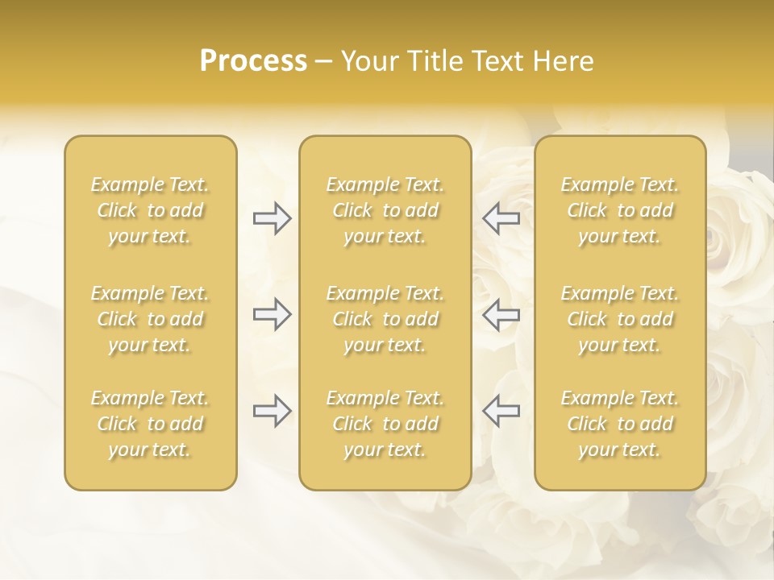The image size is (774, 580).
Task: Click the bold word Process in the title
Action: point(253,61)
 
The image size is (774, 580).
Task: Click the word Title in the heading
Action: point(435,61)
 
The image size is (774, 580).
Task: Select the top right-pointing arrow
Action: point(272,218)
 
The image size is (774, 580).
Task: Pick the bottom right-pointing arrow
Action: point(272,411)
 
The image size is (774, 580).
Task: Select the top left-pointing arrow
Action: point(501,218)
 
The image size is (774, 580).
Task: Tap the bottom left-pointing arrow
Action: point(501,411)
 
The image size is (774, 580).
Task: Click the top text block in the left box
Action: point(150,210)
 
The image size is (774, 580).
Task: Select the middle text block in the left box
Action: point(150,319)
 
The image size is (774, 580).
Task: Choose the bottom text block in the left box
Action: point(150,424)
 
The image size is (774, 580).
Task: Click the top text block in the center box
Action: point(385,210)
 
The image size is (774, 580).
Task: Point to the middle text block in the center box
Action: point(385,319)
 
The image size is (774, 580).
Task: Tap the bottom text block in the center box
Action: point(385,424)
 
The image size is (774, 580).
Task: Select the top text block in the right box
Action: point(620,210)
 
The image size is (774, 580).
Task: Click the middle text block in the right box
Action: point(620,319)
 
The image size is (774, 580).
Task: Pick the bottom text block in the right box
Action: point(620,424)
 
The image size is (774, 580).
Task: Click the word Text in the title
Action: point(499,61)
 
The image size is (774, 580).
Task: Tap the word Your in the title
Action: point(369,61)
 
